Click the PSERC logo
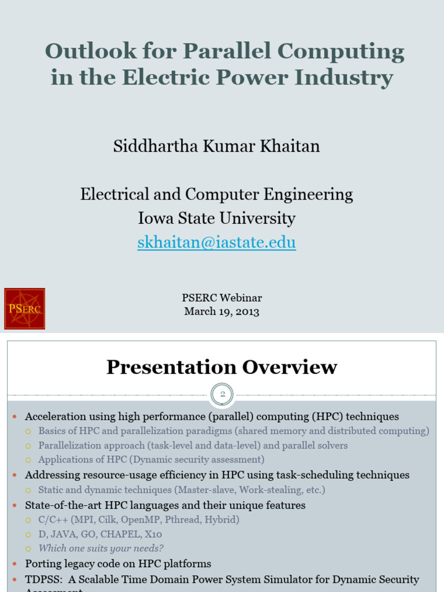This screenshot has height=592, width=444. coord(24,309)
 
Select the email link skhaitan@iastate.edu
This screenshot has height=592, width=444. coord(216,242)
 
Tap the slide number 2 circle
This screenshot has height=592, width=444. coord(222,395)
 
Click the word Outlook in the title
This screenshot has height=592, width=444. coord(88,52)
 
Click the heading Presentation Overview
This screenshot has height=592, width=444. coord(221,367)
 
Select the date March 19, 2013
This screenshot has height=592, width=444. coord(221,312)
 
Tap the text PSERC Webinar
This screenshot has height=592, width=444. coord(221,298)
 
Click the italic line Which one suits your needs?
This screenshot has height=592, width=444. coord(101,549)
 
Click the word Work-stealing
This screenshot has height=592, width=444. coord(271,490)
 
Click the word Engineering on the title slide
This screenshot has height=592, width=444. coord(304,194)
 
